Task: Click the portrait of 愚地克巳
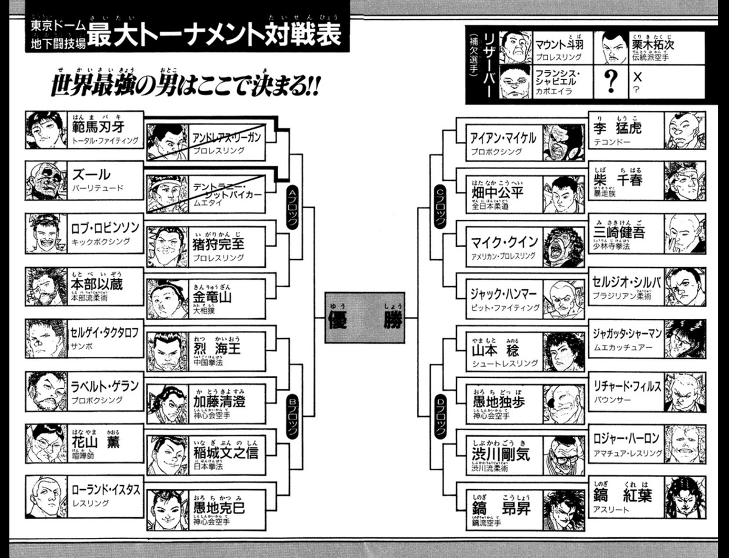point(167,510)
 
